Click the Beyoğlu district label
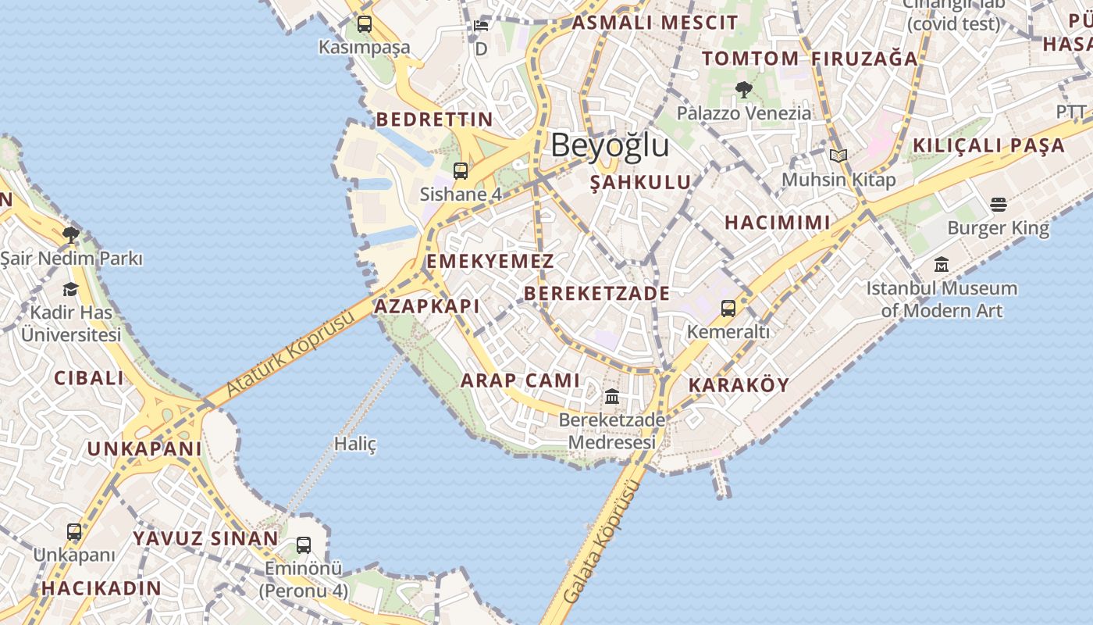point(610,145)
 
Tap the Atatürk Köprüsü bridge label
point(290,352)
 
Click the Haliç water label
point(355,444)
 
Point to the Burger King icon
point(999,205)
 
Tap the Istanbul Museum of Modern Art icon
point(942,265)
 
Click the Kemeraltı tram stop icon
point(728,309)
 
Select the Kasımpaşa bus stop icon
point(365,24)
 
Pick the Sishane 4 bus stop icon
point(461,171)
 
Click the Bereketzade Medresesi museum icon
point(612,397)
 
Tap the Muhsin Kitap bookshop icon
point(838,156)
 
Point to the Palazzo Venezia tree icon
point(743,90)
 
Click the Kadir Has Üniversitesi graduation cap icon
point(71,290)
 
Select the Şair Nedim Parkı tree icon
point(71,234)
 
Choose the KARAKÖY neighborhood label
point(739,385)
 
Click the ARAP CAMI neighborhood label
point(521,380)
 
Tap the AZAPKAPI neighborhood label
point(427,306)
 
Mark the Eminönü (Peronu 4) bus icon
point(304,545)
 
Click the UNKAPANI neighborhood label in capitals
point(144,449)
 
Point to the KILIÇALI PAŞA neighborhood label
point(988,145)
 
